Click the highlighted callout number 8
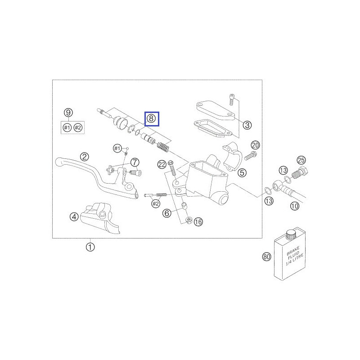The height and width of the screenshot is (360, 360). [x=151, y=119]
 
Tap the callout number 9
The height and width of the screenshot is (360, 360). [x=68, y=113]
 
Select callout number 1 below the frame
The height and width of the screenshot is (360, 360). [x=90, y=247]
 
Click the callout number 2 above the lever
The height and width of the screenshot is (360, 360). [x=85, y=157]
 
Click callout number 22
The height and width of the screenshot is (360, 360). [x=162, y=164]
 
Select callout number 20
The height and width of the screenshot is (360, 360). [x=255, y=145]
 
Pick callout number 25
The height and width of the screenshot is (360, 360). [x=301, y=160]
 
